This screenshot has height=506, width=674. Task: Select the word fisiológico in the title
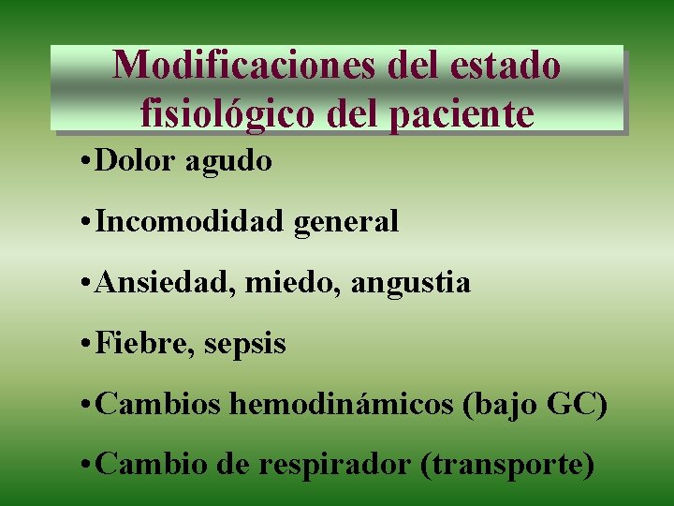228,112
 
